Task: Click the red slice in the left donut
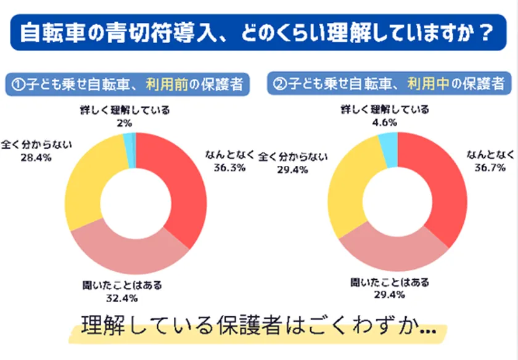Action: pyautogui.click(x=185, y=185)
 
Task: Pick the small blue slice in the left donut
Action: pyautogui.click(x=129, y=142)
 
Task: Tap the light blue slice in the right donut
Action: pyautogui.click(x=388, y=142)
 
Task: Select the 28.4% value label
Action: pyautogui.click(x=36, y=158)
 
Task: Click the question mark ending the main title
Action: pyautogui.click(x=487, y=33)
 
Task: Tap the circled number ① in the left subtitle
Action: pyautogui.click(x=18, y=85)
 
